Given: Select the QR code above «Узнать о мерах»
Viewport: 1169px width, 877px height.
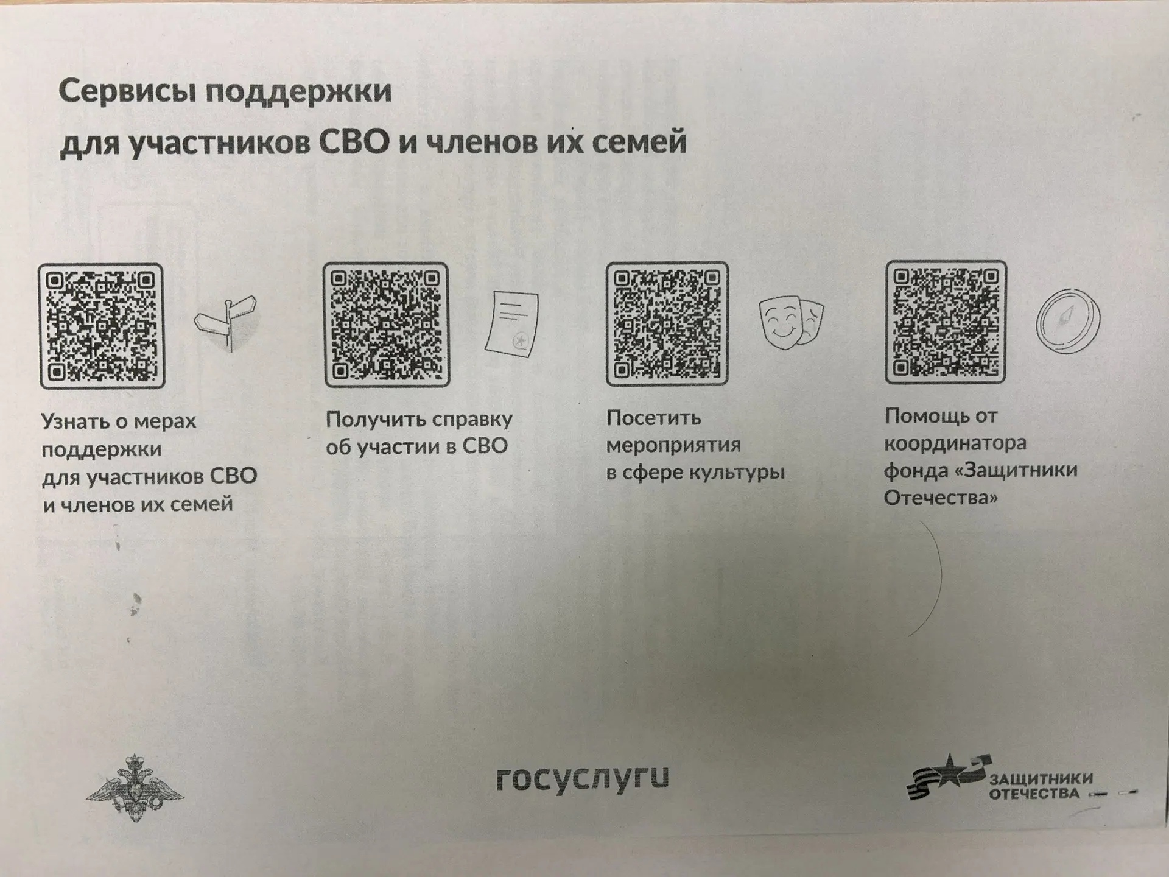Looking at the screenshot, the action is point(102,326).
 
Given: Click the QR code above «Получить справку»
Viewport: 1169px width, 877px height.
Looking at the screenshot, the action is point(387,325).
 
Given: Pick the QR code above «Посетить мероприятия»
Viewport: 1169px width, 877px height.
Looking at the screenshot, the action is point(667,323).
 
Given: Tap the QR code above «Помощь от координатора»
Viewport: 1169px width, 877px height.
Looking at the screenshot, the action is point(946,322).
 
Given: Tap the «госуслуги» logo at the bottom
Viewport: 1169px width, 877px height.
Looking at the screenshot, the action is point(583,778).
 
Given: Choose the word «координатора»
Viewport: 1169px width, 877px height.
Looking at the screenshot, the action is point(955,443).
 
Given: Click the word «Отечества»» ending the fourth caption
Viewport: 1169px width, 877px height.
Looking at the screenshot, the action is point(941,498).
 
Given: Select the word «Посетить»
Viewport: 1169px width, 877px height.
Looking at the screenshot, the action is point(654,418).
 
